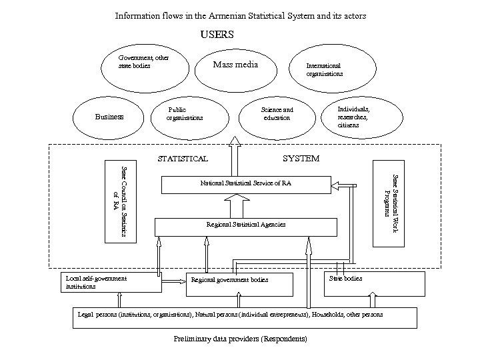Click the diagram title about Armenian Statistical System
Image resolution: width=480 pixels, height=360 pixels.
click(x=240, y=15)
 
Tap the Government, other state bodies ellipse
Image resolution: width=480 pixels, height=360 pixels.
click(x=142, y=65)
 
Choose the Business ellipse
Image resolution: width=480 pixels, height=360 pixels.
click(x=109, y=117)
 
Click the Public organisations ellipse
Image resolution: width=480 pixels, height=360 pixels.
click(x=185, y=114)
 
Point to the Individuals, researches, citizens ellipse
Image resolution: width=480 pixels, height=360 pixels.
click(x=356, y=117)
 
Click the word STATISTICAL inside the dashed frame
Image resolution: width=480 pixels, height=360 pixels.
click(x=182, y=159)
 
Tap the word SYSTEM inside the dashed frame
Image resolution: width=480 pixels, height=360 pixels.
click(x=301, y=159)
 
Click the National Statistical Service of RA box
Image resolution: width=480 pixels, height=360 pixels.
click(x=246, y=183)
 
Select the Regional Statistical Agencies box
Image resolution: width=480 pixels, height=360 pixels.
click(x=245, y=226)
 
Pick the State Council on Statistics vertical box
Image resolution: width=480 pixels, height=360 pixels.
click(x=119, y=201)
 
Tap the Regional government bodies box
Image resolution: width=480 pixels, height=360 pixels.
click(x=239, y=284)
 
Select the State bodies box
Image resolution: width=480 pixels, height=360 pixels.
click(x=374, y=283)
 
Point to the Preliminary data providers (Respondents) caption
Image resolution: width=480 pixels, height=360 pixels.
click(x=240, y=339)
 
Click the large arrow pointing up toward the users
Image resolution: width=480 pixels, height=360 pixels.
click(x=235, y=156)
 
